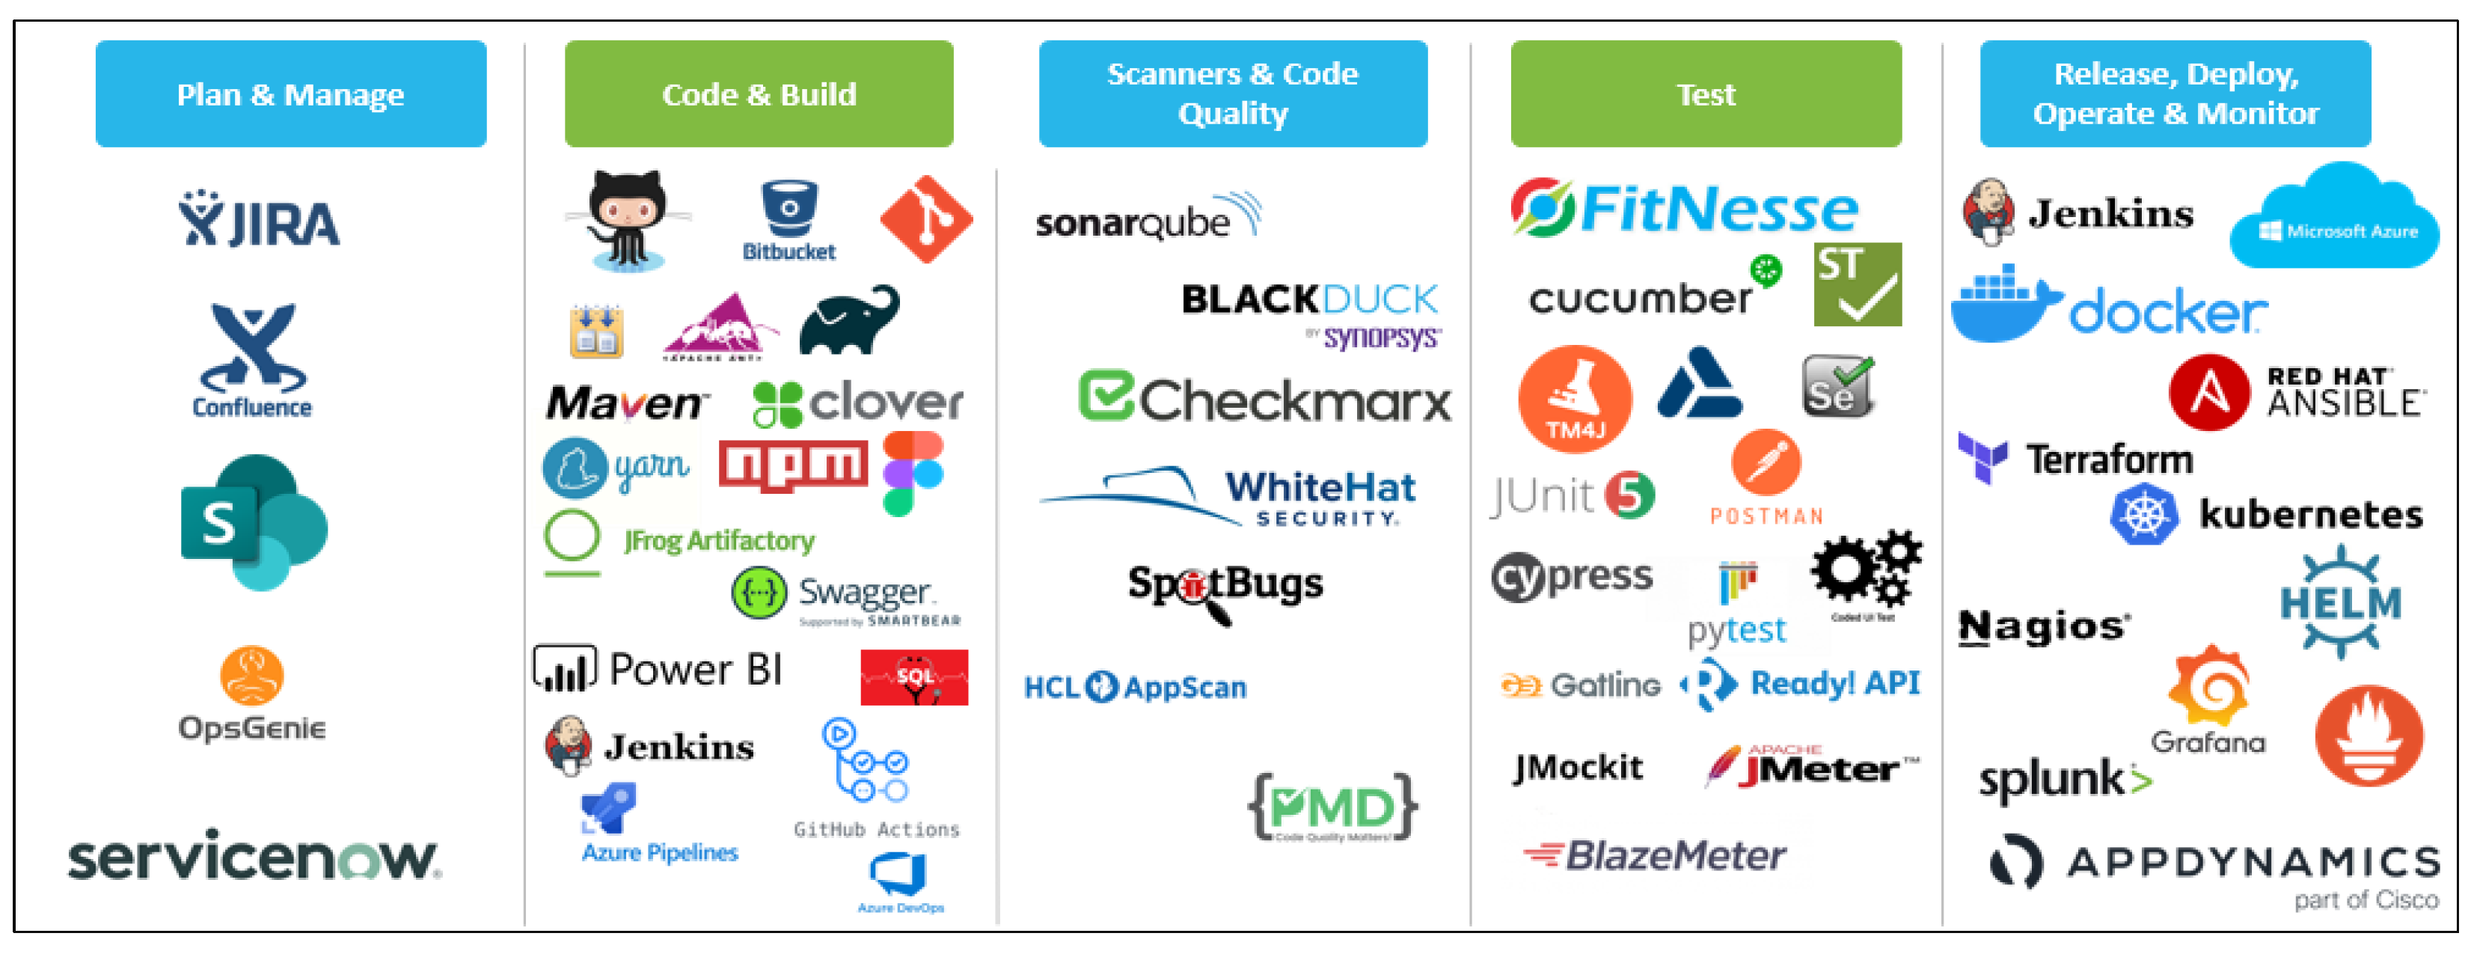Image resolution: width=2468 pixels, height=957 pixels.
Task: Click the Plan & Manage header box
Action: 290,94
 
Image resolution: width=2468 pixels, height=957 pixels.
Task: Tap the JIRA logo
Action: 259,219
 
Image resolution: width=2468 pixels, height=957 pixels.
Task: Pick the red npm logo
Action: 792,465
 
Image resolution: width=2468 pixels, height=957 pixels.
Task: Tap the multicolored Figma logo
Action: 913,472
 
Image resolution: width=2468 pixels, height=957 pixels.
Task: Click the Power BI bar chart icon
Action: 564,669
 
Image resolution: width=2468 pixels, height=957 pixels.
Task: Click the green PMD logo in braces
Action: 1332,807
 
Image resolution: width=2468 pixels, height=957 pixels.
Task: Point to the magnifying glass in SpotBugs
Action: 1201,594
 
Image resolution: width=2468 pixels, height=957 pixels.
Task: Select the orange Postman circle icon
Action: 1765,462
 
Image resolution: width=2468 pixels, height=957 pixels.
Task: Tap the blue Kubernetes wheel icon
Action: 2143,515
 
